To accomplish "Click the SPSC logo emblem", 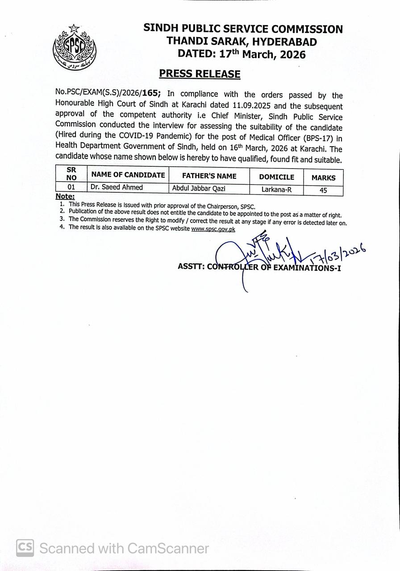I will pyautogui.click(x=74, y=47).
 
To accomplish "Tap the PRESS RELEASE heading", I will pyautogui.click(x=200, y=74).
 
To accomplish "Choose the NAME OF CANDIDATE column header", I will pyautogui.click(x=128, y=175).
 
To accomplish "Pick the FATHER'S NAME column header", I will pyautogui.click(x=209, y=176).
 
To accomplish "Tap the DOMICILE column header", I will pyautogui.click(x=276, y=177).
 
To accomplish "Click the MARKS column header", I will pyautogui.click(x=323, y=178).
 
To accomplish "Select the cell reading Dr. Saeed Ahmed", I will pyautogui.click(x=117, y=187).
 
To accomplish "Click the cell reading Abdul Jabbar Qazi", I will pyautogui.click(x=199, y=189).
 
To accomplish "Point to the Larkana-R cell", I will pyautogui.click(x=276, y=190).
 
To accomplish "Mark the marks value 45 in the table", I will pyautogui.click(x=323, y=190).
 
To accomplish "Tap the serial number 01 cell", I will pyautogui.click(x=71, y=187).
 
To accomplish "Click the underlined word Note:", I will pyautogui.click(x=65, y=197).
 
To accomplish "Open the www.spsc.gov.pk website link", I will pyautogui.click(x=213, y=229).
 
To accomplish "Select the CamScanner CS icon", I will pyautogui.click(x=25, y=548).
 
